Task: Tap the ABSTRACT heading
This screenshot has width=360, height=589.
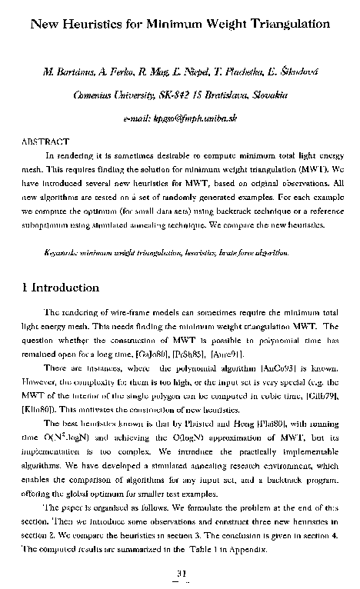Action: coord(43,141)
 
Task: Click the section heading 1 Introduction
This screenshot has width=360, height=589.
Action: coord(61,288)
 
